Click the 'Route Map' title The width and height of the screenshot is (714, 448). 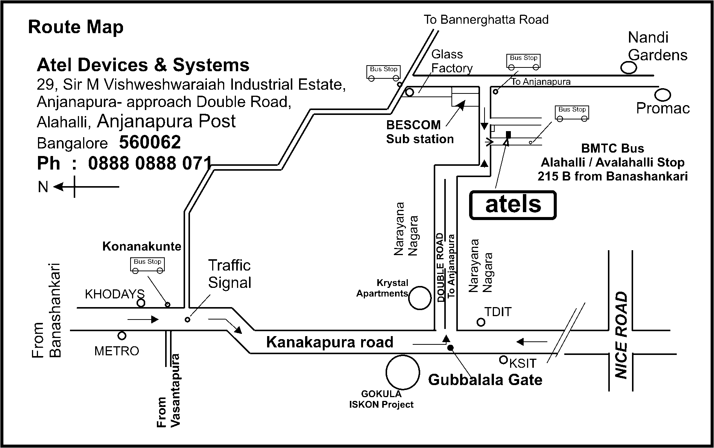pos(76,28)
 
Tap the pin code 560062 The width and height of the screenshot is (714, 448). pos(150,142)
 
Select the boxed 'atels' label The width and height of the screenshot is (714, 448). pos(513,205)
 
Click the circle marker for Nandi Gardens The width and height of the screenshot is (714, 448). pos(628,68)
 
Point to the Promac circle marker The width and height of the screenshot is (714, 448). pos(663,94)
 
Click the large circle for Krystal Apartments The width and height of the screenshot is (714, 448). pos(419,298)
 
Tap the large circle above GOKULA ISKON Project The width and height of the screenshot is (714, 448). pos(402,372)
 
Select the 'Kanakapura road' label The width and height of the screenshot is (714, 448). pos(330,342)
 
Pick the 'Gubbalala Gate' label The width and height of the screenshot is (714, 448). pos(485,379)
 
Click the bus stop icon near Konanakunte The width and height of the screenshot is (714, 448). pos(147,265)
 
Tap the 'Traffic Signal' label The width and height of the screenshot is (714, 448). pos(229,274)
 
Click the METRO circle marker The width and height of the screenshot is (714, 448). pos(122,335)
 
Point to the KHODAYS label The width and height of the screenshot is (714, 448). pos(114,294)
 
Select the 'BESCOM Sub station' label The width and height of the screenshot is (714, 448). pos(419,132)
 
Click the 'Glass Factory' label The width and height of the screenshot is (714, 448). pos(451,61)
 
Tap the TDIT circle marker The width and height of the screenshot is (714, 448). pos(481,322)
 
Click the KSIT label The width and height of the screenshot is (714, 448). pos(523,363)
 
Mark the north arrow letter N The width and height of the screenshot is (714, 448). pos(43,187)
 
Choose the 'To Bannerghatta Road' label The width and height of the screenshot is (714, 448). pos(486,20)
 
